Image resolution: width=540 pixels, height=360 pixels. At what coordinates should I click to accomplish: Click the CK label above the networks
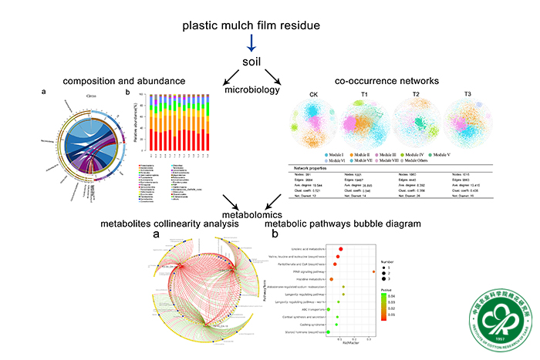point(313,97)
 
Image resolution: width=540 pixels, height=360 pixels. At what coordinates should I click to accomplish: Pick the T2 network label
point(417,97)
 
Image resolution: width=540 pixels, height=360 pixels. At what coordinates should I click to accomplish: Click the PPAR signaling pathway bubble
point(373,271)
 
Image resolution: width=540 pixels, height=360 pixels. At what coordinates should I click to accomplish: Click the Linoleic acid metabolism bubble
point(340,249)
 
